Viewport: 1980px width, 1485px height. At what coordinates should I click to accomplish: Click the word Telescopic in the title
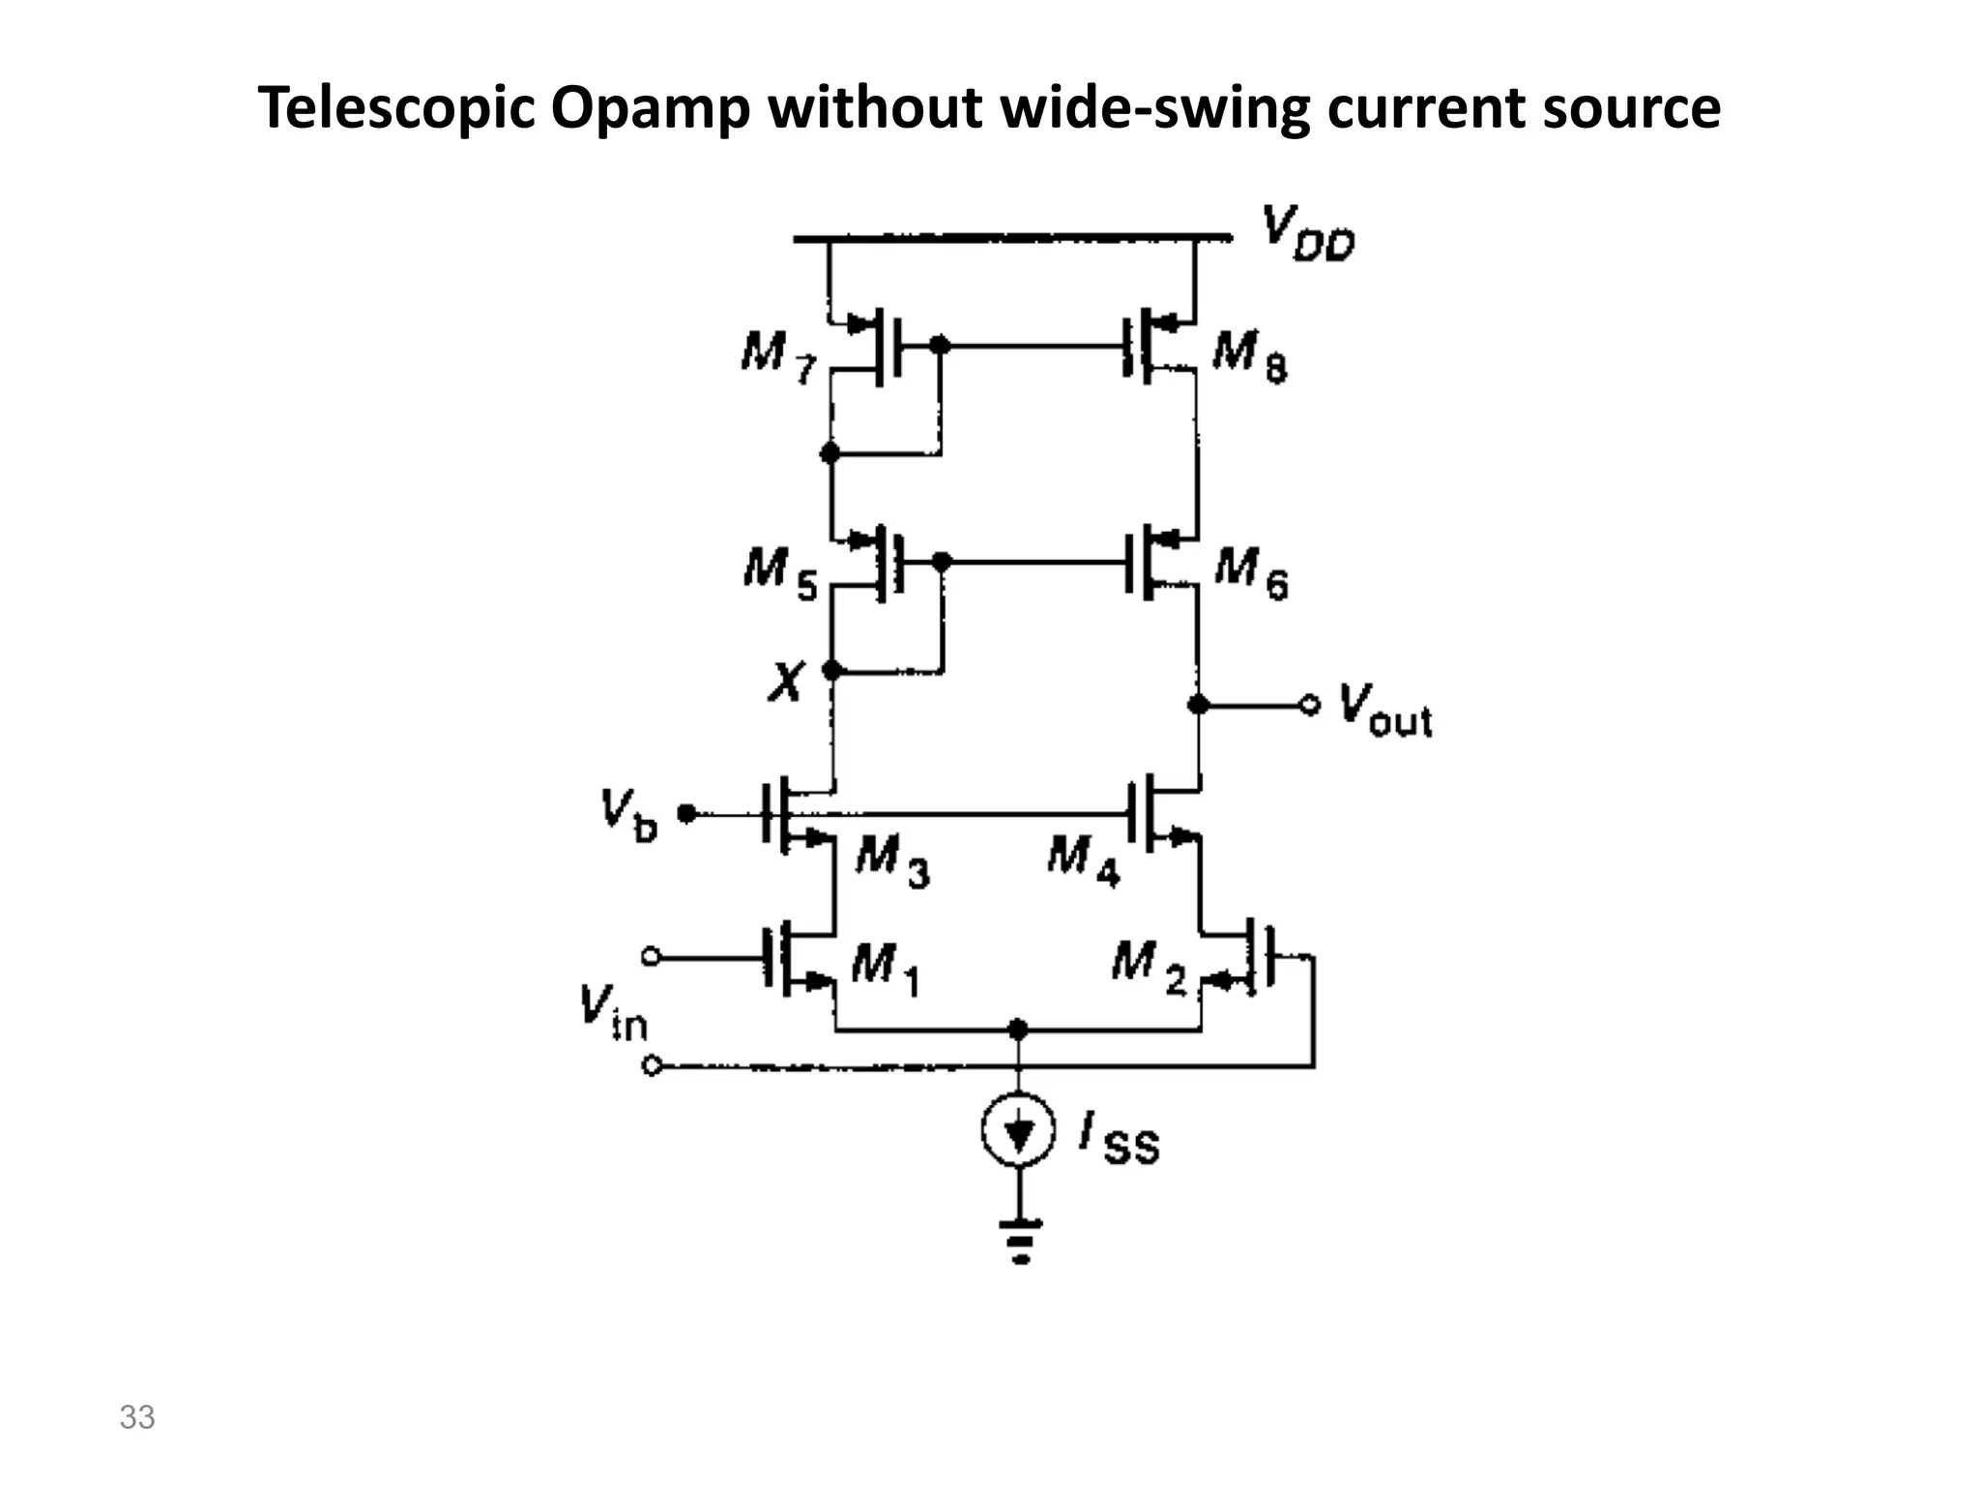point(396,108)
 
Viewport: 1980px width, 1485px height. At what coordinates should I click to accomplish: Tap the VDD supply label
point(1308,234)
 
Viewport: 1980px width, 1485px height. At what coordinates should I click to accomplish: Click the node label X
point(786,682)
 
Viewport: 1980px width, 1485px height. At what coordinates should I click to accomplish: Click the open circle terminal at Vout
point(1309,706)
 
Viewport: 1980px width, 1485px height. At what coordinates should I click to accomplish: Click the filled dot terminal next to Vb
point(686,814)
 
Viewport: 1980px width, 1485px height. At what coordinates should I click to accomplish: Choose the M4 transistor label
point(1083,859)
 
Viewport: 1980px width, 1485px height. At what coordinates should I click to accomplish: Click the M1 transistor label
point(885,968)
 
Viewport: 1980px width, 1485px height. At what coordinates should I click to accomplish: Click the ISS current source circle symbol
point(1017,1128)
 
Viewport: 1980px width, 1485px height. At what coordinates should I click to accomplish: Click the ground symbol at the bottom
point(1019,1241)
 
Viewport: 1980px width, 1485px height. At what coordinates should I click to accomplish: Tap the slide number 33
point(137,1417)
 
